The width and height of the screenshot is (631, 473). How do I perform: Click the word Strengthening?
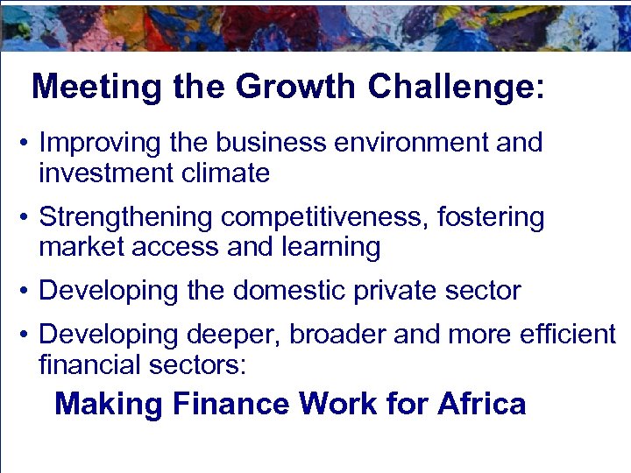click(126, 217)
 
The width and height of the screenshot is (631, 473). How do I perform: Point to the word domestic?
click(288, 291)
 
